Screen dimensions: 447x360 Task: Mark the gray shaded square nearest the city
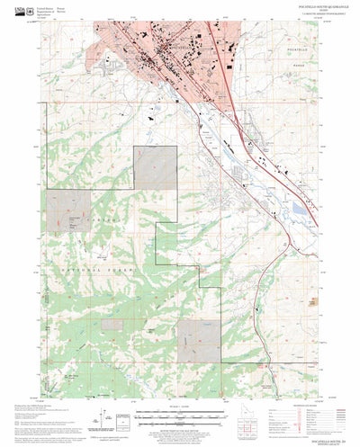(x=157, y=166)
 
